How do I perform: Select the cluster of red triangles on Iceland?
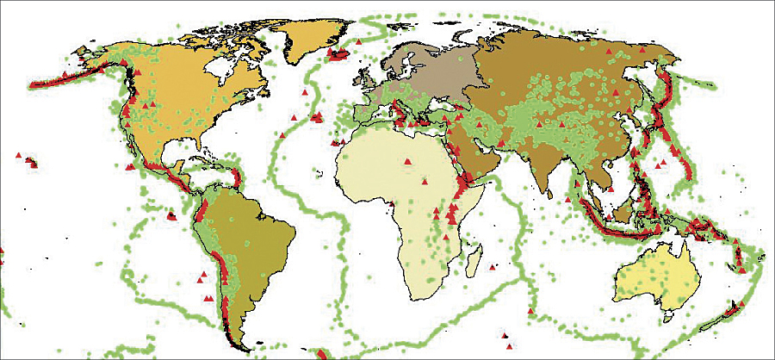coord(338,54)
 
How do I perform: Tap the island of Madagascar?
coord(472,251)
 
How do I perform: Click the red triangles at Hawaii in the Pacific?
coord(31,160)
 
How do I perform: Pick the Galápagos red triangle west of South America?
coord(171,216)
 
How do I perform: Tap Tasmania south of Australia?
coord(678,325)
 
